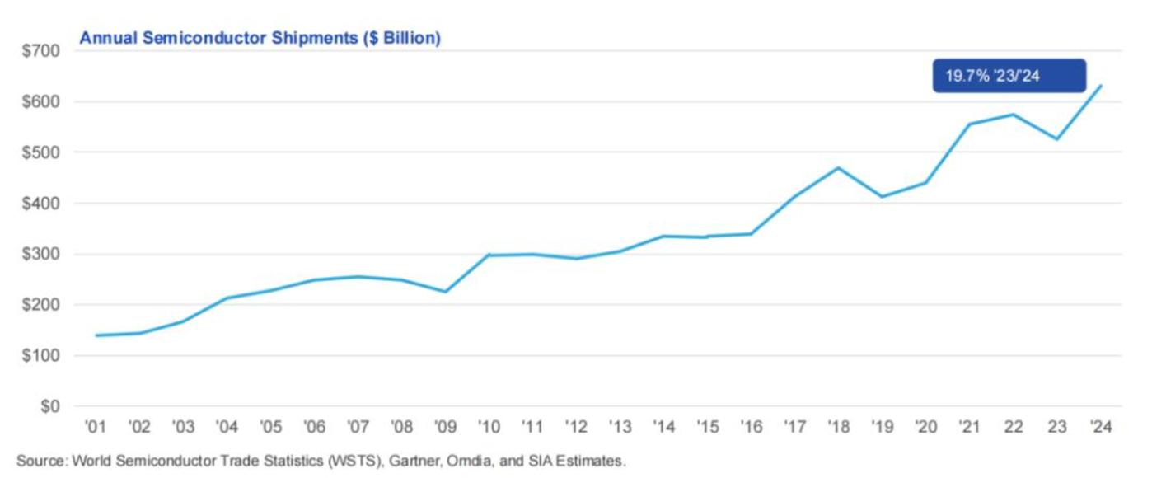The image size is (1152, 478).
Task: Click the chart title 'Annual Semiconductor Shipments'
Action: (218, 38)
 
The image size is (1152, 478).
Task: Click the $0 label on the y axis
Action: (51, 406)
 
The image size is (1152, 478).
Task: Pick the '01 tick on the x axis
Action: (95, 427)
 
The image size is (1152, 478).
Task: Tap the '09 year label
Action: (446, 427)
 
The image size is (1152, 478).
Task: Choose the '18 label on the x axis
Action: (839, 427)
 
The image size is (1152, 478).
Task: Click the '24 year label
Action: (1101, 427)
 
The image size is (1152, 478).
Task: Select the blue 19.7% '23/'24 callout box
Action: (1009, 76)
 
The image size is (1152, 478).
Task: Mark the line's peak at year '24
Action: (1101, 86)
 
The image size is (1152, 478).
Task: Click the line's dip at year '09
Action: (446, 292)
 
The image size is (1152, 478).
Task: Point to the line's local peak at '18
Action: (839, 168)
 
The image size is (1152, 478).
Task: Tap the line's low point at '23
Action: (1057, 139)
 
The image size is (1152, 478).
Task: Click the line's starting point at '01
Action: (96, 335)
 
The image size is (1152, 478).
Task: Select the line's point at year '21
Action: (970, 124)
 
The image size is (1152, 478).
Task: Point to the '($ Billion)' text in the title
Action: (401, 38)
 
